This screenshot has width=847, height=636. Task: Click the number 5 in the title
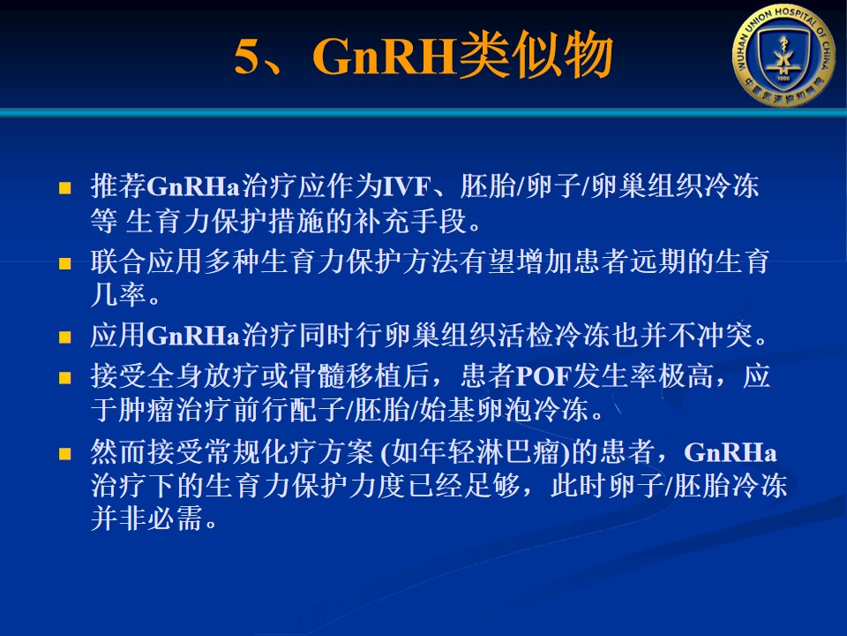[x=247, y=57]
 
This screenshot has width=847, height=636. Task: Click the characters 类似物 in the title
[x=536, y=55]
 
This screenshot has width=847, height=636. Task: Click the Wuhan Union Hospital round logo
[x=783, y=55]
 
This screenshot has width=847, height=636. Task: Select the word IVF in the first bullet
[x=406, y=187]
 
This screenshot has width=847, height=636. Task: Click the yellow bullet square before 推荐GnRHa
[x=64, y=187]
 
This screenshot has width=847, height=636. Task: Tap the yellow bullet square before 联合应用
[x=64, y=263]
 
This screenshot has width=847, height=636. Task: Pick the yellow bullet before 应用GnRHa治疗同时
[x=64, y=337]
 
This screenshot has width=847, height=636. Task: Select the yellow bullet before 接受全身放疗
[x=64, y=377]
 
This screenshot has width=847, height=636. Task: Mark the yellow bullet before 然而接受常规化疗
[x=64, y=453]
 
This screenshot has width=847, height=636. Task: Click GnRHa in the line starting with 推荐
[x=193, y=187]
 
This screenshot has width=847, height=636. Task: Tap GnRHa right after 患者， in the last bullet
[x=731, y=452]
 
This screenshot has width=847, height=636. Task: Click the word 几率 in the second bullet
[x=118, y=296]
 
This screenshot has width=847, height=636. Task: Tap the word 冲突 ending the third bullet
[x=725, y=336]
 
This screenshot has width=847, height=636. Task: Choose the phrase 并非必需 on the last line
[x=146, y=519]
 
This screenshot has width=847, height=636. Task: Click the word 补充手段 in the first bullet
[x=410, y=221]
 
